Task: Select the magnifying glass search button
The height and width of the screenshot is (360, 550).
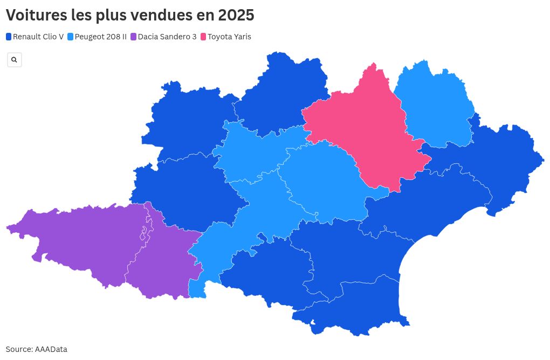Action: [14, 60]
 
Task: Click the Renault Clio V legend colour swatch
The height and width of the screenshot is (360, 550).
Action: [9, 37]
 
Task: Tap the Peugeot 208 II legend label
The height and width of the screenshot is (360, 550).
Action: [101, 37]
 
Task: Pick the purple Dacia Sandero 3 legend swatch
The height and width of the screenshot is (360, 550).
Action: [134, 37]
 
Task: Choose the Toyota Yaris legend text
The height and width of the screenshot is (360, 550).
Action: [229, 37]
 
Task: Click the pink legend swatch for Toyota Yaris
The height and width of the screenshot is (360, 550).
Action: [203, 37]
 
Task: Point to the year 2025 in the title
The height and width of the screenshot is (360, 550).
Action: [236, 15]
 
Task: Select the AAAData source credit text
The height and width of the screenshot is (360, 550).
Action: [51, 349]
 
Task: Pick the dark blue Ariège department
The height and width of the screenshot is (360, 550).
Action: [264, 269]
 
